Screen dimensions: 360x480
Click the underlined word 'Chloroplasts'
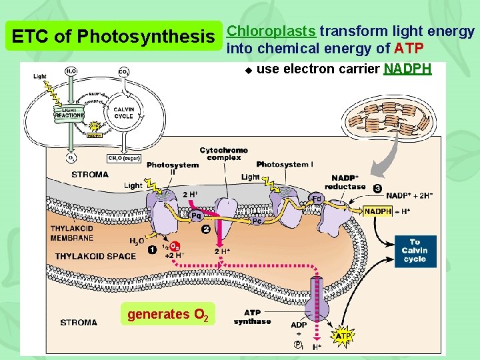point(271,31)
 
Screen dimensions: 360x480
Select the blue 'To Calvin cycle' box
point(414,251)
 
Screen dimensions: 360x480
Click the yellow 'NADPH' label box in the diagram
point(378,211)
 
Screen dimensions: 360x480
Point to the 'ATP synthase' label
point(252,317)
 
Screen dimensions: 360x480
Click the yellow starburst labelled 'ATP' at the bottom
point(343,337)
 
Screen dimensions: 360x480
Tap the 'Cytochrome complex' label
point(223,154)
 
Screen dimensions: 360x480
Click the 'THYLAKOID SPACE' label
point(95,256)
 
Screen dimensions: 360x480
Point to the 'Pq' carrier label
point(197,215)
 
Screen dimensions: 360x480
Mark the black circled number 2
point(206,229)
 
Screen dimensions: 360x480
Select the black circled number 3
point(377,189)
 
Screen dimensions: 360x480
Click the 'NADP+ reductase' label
point(345,183)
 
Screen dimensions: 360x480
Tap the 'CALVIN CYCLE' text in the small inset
point(123,113)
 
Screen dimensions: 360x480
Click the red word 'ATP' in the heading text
point(408,48)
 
